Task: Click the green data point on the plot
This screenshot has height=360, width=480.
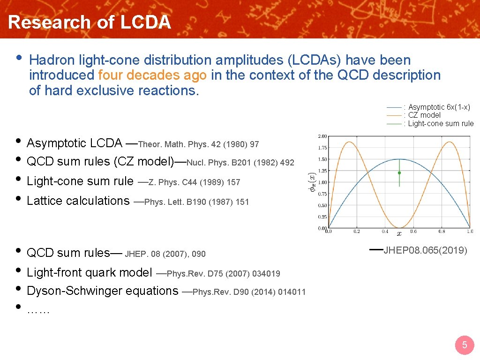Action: [399, 173]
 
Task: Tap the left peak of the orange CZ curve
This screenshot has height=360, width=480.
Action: [349, 142]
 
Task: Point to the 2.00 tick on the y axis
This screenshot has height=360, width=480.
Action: [322, 136]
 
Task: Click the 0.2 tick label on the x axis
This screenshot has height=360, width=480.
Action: [357, 232]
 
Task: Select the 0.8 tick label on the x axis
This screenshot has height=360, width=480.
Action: [442, 232]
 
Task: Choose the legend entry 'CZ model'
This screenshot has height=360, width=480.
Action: [424, 115]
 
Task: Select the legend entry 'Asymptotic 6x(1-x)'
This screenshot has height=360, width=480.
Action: [439, 107]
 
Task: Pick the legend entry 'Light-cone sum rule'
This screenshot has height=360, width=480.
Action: [441, 124]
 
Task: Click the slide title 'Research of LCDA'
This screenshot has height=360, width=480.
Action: [90, 22]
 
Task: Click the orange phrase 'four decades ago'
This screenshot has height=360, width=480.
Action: [153, 75]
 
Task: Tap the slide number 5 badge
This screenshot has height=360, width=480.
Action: [465, 345]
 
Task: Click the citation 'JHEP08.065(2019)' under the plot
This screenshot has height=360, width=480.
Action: [425, 250]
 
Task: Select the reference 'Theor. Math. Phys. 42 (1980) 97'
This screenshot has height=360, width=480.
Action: [199, 144]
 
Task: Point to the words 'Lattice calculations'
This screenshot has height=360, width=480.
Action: [78, 201]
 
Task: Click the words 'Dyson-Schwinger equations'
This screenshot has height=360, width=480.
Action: [103, 291]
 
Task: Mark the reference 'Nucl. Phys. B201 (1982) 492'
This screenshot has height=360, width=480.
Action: [240, 163]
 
